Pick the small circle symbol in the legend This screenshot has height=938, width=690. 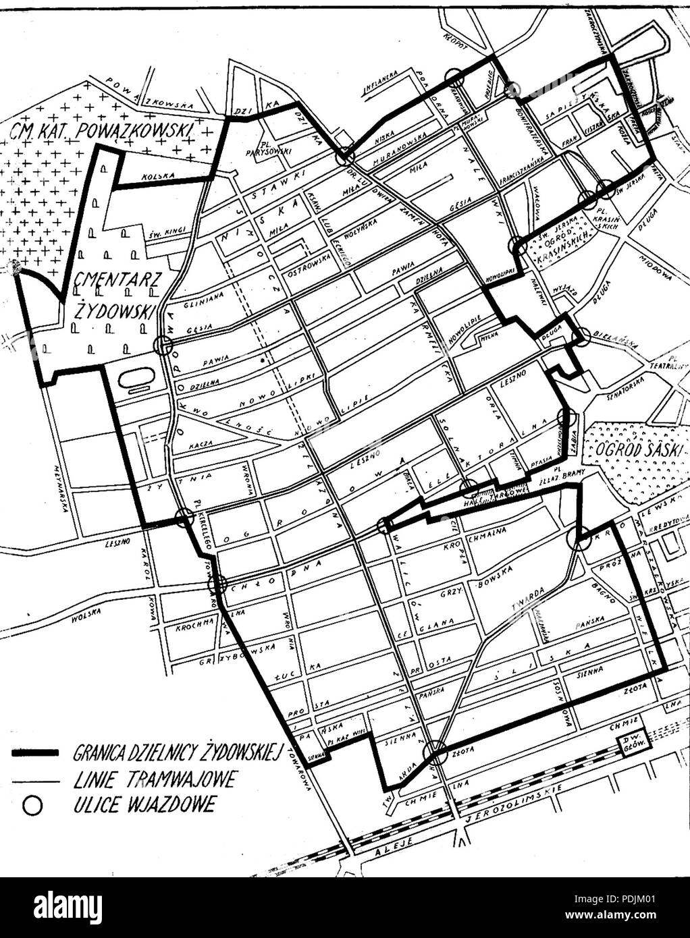tap(28, 805)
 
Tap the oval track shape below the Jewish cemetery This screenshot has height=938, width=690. tap(138, 379)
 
